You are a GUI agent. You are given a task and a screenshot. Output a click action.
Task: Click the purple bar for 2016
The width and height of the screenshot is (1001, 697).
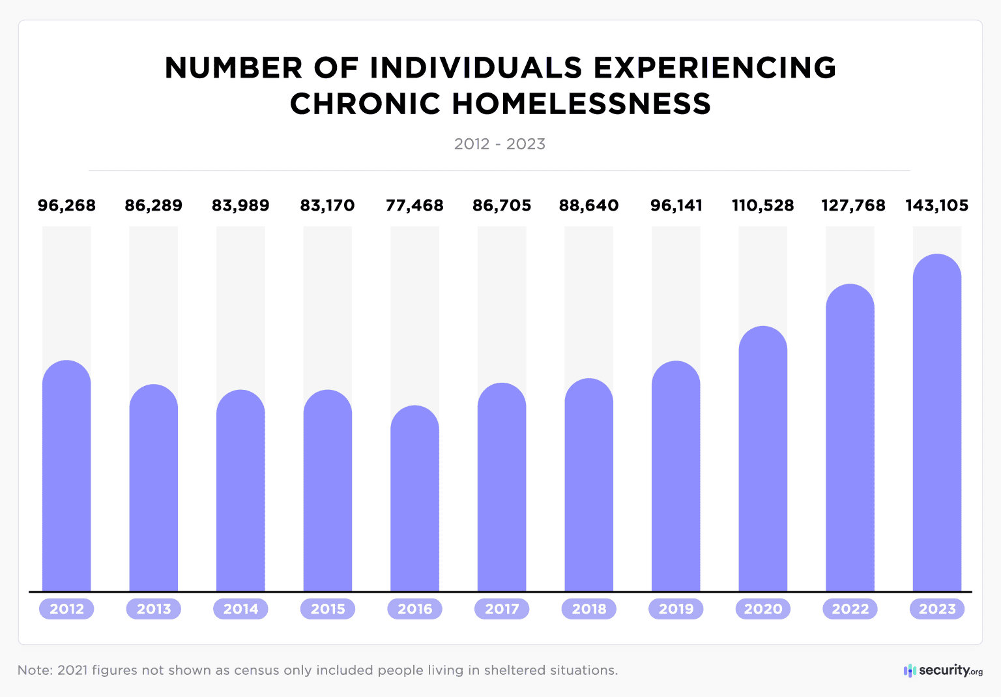[414, 499]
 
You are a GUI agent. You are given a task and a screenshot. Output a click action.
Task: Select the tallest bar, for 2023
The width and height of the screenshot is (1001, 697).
[936, 424]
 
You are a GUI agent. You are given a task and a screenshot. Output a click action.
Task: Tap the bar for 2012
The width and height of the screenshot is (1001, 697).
[66, 476]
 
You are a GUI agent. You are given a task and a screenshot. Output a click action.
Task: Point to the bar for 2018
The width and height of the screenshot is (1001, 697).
[588, 486]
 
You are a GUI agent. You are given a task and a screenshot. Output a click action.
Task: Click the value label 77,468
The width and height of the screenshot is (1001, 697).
[414, 205]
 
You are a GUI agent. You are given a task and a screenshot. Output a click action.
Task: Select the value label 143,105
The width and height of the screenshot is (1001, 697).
[936, 205]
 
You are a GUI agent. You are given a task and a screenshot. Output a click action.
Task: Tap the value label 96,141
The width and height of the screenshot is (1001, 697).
[676, 205]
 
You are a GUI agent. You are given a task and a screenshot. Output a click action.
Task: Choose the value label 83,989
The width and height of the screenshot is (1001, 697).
[240, 205]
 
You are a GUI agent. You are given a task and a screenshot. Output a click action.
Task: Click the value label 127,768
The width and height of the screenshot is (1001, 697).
[852, 205]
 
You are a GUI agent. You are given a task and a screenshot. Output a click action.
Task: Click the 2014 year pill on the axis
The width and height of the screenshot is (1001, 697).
[240, 609]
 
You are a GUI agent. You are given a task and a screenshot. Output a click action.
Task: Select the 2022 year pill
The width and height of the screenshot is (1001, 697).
[850, 609]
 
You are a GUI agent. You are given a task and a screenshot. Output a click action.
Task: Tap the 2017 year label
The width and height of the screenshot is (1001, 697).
[502, 609]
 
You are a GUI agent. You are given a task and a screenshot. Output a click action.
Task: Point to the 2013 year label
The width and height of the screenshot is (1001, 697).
[154, 609]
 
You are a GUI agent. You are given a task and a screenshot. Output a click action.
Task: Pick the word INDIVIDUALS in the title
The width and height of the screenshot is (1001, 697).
[476, 68]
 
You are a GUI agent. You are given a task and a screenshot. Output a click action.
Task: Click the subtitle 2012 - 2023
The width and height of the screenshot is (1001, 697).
[500, 144]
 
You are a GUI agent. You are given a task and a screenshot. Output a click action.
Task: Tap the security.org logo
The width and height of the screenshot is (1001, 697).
[943, 670]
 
